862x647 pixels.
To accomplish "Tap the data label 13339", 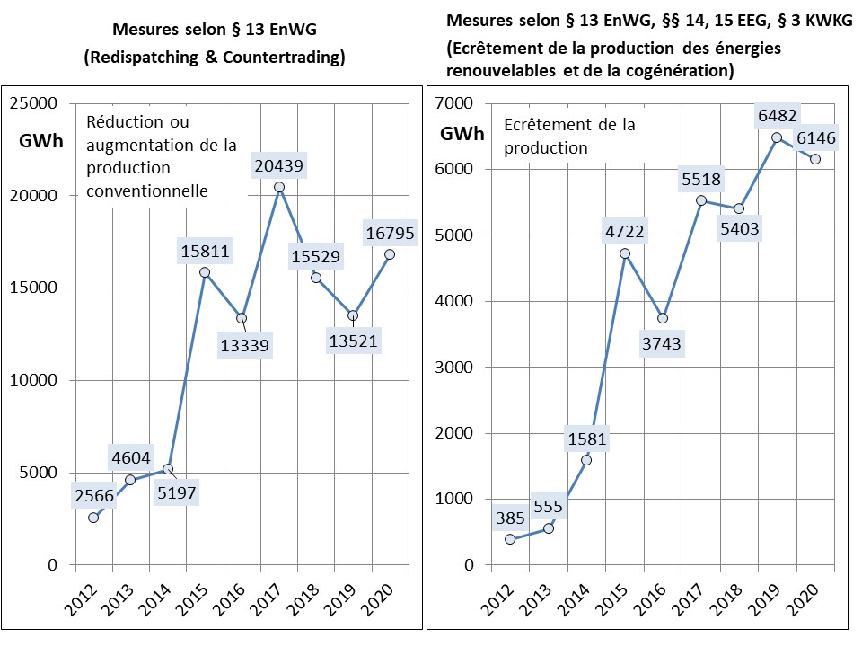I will tap(244, 346).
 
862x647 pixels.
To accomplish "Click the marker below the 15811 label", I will tap(204, 272).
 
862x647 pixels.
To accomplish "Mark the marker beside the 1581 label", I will tap(586, 460).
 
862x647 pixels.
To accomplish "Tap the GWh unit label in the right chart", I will tap(462, 135).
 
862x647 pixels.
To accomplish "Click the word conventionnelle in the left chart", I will tap(147, 191).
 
